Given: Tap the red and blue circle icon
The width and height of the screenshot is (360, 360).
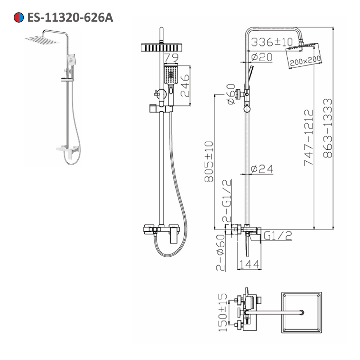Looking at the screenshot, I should [x=18, y=17].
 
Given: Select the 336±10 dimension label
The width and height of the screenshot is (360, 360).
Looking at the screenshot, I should [x=272, y=42].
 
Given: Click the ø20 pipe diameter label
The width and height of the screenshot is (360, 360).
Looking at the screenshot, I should [x=262, y=57].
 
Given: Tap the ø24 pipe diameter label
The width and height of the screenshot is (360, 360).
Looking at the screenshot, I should [x=262, y=168].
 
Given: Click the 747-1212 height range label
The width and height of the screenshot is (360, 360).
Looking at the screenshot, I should [x=309, y=137].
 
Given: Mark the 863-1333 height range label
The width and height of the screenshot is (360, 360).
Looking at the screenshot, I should [x=328, y=128].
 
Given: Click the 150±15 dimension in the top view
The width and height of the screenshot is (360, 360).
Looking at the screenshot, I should [x=223, y=312].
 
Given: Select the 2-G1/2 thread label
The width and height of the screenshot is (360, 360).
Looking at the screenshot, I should [x=226, y=202].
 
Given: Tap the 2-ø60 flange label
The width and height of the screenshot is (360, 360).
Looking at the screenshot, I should [x=220, y=252].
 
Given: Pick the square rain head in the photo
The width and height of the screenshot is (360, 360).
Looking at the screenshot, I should [x=42, y=40].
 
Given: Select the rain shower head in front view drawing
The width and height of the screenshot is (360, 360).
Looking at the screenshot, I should [x=164, y=47].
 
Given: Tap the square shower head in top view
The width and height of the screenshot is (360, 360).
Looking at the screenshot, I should [x=301, y=312].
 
